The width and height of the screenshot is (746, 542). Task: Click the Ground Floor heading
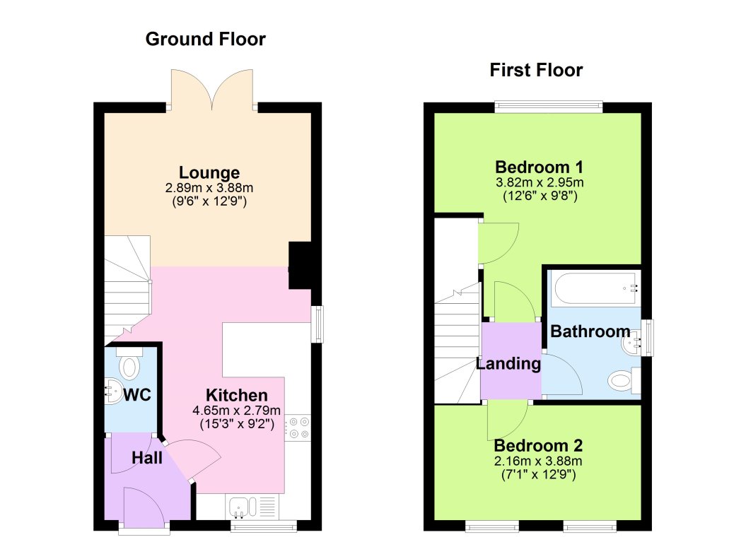205,39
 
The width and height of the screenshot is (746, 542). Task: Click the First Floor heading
536,70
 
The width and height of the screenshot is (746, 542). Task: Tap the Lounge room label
209,172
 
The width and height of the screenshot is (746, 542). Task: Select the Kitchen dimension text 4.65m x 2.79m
236,411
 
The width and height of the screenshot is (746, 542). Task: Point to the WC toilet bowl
130,367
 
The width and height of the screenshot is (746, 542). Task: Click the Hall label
147,459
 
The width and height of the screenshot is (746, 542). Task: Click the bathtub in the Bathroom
595,288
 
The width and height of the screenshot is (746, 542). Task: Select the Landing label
508,364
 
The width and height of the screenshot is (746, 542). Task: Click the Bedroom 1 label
539,167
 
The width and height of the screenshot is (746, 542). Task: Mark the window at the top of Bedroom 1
548,107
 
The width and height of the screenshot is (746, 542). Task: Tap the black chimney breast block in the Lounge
300,265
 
